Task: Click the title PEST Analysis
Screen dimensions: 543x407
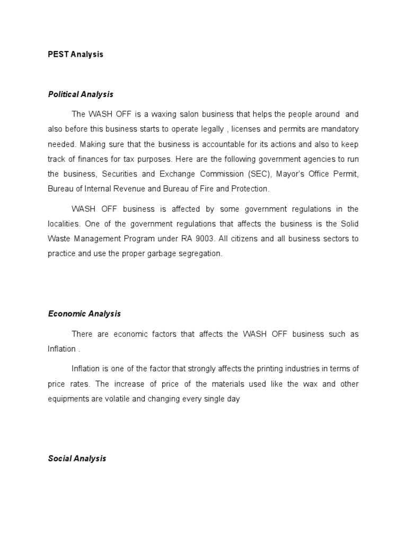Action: (75, 55)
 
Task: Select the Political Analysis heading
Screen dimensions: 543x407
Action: (81, 94)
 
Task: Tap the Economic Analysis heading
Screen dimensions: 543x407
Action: (84, 313)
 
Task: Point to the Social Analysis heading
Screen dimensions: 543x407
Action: (77, 458)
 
